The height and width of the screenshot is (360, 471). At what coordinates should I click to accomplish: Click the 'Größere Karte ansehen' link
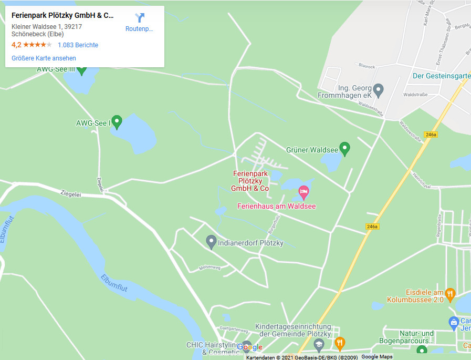(x=44, y=58)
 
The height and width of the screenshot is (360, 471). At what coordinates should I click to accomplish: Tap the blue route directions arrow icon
(x=139, y=18)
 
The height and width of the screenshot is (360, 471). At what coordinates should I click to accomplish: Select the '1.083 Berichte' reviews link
(x=78, y=45)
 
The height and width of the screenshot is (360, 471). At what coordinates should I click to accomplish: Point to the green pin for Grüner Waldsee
(x=344, y=149)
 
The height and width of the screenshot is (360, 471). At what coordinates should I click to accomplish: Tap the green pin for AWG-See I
(x=117, y=122)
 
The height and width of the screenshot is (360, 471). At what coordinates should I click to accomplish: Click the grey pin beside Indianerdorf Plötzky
(x=211, y=242)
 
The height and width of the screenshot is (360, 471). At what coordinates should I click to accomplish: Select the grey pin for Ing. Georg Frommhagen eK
(x=378, y=90)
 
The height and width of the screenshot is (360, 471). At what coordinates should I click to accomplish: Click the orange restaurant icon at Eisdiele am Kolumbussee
(x=449, y=293)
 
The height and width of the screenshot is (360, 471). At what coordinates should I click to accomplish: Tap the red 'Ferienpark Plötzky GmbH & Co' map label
(x=250, y=181)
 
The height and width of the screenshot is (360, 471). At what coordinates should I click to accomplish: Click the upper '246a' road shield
(x=431, y=135)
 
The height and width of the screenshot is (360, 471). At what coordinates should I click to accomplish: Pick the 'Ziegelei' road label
(x=71, y=194)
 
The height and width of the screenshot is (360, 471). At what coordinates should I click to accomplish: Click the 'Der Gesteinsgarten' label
(x=441, y=76)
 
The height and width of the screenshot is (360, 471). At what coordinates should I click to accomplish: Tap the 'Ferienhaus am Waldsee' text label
(x=277, y=206)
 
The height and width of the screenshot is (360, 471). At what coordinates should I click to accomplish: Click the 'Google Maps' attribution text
(x=376, y=357)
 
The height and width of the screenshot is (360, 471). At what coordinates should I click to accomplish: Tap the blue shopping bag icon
(x=454, y=322)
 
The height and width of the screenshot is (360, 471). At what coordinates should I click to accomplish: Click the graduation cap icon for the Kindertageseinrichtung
(x=319, y=345)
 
